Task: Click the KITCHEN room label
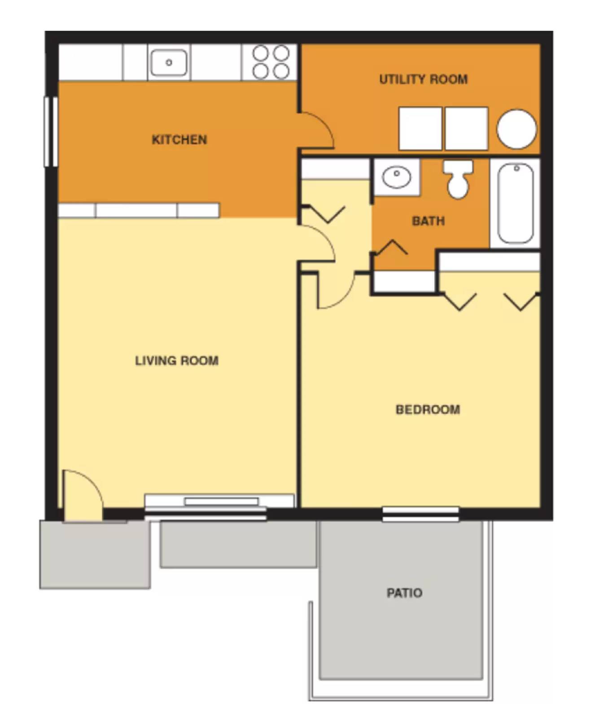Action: click(x=179, y=140)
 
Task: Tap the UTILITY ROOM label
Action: click(x=423, y=79)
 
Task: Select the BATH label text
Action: click(x=428, y=221)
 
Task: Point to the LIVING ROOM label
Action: click(x=176, y=360)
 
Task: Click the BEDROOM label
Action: click(x=427, y=409)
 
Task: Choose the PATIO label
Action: click(x=404, y=593)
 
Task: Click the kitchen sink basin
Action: click(x=169, y=62)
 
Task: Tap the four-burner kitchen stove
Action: click(x=270, y=62)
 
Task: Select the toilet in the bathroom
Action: click(x=458, y=179)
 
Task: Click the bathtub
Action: click(x=515, y=203)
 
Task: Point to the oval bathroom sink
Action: click(x=396, y=177)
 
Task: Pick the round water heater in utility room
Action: click(x=516, y=129)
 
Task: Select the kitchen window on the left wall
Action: click(x=51, y=131)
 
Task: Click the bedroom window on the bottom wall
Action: click(x=420, y=514)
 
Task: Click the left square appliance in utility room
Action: click(x=420, y=128)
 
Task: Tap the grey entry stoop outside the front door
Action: click(x=95, y=555)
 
